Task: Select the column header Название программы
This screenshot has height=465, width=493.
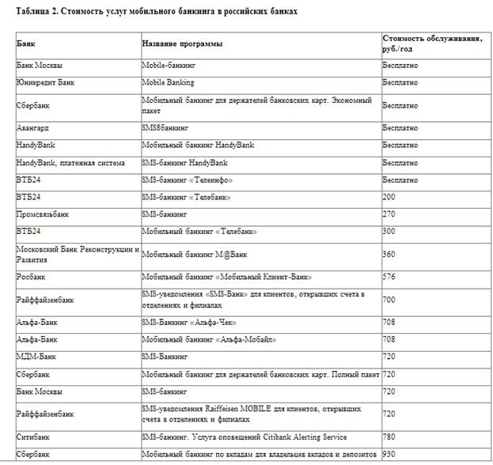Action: point(182,43)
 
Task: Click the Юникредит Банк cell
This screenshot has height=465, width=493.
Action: point(45,82)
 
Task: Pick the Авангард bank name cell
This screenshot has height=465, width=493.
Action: point(33,127)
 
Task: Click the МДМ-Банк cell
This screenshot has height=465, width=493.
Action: point(36,357)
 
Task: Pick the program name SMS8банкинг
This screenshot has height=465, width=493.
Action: point(165,127)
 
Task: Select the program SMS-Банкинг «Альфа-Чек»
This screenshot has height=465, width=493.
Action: point(189,323)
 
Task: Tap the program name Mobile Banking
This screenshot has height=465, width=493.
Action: point(168,82)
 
